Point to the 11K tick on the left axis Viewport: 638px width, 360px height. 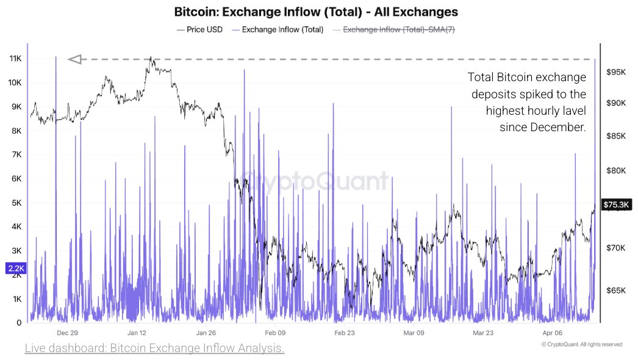(x=15, y=59)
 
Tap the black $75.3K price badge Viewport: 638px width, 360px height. (x=617, y=204)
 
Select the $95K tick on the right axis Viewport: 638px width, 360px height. (x=617, y=72)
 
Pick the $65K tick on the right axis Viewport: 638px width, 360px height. (x=617, y=290)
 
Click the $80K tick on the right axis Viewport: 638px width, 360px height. (x=617, y=171)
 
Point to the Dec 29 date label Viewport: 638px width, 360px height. (x=67, y=333)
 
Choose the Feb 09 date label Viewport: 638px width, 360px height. (x=275, y=333)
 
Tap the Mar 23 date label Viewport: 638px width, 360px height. (x=483, y=333)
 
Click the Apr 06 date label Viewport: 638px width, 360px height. (x=553, y=333)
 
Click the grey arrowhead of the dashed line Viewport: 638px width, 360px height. (x=74, y=59)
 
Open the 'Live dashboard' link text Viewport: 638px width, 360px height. (x=154, y=348)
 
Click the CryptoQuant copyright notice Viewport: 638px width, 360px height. (x=582, y=345)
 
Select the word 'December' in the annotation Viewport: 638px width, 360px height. (x=556, y=127)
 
